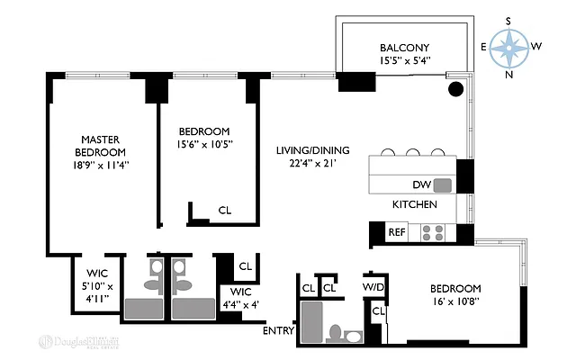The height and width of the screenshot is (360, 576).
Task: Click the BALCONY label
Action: (404, 48)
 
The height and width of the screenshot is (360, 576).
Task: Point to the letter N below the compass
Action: (509, 75)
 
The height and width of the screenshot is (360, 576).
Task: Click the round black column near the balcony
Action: (456, 89)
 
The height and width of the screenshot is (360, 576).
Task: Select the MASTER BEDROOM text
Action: (101, 146)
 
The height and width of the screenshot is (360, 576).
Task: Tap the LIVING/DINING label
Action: (312, 150)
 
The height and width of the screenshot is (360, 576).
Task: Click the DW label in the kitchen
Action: (421, 184)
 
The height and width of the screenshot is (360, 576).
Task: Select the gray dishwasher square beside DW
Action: (442, 185)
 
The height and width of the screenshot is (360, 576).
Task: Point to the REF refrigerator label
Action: (397, 232)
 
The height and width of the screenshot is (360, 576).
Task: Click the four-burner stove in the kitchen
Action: (433, 232)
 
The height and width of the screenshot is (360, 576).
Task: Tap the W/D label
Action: (374, 288)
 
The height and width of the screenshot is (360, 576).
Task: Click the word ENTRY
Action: (278, 331)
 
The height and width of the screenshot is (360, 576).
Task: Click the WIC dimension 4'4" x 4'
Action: (240, 304)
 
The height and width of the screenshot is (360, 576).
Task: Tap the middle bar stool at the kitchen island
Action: (413, 152)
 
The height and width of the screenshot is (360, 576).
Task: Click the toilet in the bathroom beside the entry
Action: (336, 333)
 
